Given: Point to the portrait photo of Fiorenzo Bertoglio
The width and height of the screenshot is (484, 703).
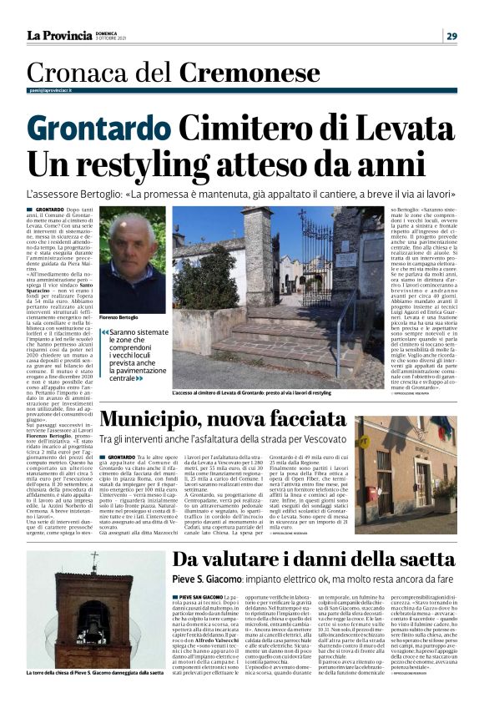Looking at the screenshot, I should pos(132,259).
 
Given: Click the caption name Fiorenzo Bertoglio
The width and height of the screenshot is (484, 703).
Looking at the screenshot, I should pos(123,319).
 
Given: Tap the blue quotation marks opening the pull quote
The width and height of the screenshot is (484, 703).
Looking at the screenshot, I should pos(103,332).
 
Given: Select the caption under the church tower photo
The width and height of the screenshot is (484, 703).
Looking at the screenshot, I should pos(94,695).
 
